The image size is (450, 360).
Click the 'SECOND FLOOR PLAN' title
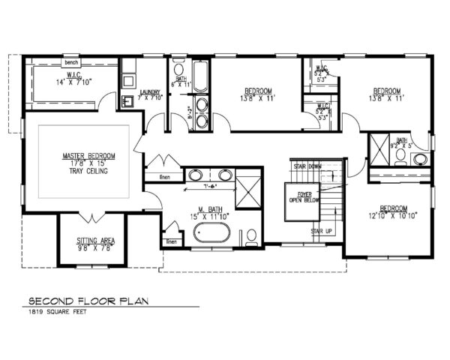[x=88, y=301]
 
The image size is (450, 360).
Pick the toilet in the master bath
[x=252, y=237]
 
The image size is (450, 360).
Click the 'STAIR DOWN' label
[x=307, y=166]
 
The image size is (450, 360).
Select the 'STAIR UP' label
[x=322, y=231]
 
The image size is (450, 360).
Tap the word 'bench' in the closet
[x=72, y=62]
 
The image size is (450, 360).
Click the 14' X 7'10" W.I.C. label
[x=71, y=81]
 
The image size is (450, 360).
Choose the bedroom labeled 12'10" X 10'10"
[x=393, y=212]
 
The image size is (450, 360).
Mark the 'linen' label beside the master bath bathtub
[x=172, y=241]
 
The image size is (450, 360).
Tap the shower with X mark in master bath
[x=248, y=189]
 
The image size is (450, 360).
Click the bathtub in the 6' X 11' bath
[x=201, y=75]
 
